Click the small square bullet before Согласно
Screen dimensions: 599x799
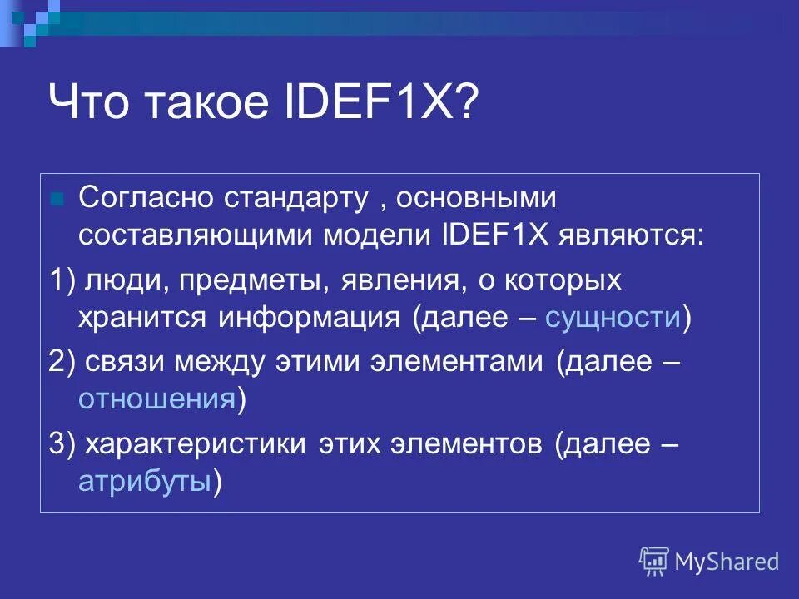57,200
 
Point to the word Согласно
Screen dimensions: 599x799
146,198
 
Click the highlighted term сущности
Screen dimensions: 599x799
613,318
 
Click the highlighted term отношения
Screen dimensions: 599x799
156,399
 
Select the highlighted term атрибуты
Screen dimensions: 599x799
144,481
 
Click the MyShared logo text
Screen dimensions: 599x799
726,562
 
